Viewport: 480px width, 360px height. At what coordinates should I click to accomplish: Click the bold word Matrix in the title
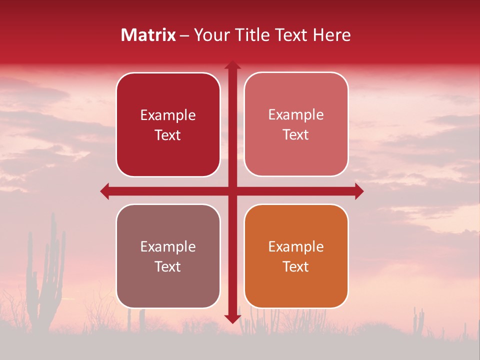tap(148, 35)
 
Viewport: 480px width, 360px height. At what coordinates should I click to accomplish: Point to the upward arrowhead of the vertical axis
tap(232, 65)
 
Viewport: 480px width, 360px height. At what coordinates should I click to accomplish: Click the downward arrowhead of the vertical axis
tap(232, 318)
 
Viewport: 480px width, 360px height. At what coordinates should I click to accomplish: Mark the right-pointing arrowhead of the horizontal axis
tap(358, 191)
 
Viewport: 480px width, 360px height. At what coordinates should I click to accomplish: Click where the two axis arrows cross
tap(232, 191)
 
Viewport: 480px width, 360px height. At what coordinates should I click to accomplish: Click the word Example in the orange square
tap(296, 246)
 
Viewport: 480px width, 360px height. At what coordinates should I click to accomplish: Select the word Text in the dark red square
tap(168, 135)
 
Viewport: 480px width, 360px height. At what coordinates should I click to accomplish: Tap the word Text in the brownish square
tap(168, 266)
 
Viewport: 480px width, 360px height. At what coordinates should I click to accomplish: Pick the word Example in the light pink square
tap(296, 114)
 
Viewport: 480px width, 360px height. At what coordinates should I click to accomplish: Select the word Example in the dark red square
tap(168, 115)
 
